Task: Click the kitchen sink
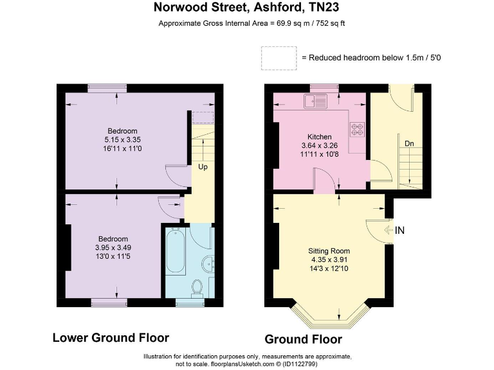tap(318, 100)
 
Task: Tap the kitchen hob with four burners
tap(356, 129)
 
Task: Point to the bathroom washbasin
tap(205, 263)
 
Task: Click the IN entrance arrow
tap(394, 230)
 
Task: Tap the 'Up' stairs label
tap(203, 167)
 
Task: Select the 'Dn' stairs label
tap(408, 143)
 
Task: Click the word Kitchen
tap(319, 137)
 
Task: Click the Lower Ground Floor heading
tap(111, 337)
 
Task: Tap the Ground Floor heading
tap(303, 339)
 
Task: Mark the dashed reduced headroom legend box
tap(279, 57)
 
